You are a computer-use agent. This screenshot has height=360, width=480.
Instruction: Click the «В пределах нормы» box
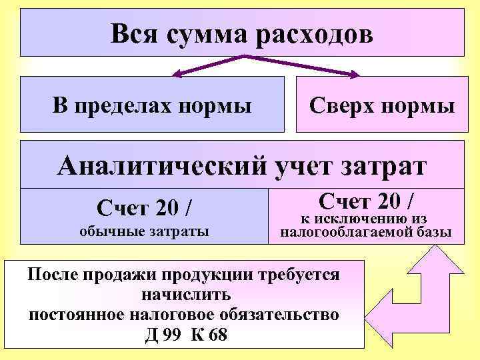(152, 105)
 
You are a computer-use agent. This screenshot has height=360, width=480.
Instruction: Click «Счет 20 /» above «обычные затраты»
(146, 208)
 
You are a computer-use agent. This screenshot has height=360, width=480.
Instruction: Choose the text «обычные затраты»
(144, 231)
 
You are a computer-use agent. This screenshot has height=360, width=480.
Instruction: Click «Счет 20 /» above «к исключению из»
(366, 199)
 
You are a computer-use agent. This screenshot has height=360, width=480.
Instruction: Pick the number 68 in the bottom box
(217, 333)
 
